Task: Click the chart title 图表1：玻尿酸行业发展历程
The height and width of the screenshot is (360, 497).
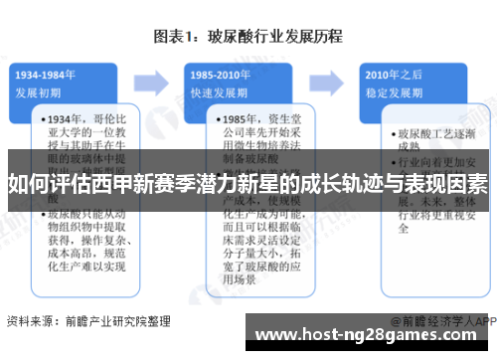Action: (248, 37)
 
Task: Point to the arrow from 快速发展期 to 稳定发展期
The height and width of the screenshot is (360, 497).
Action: (336, 80)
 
